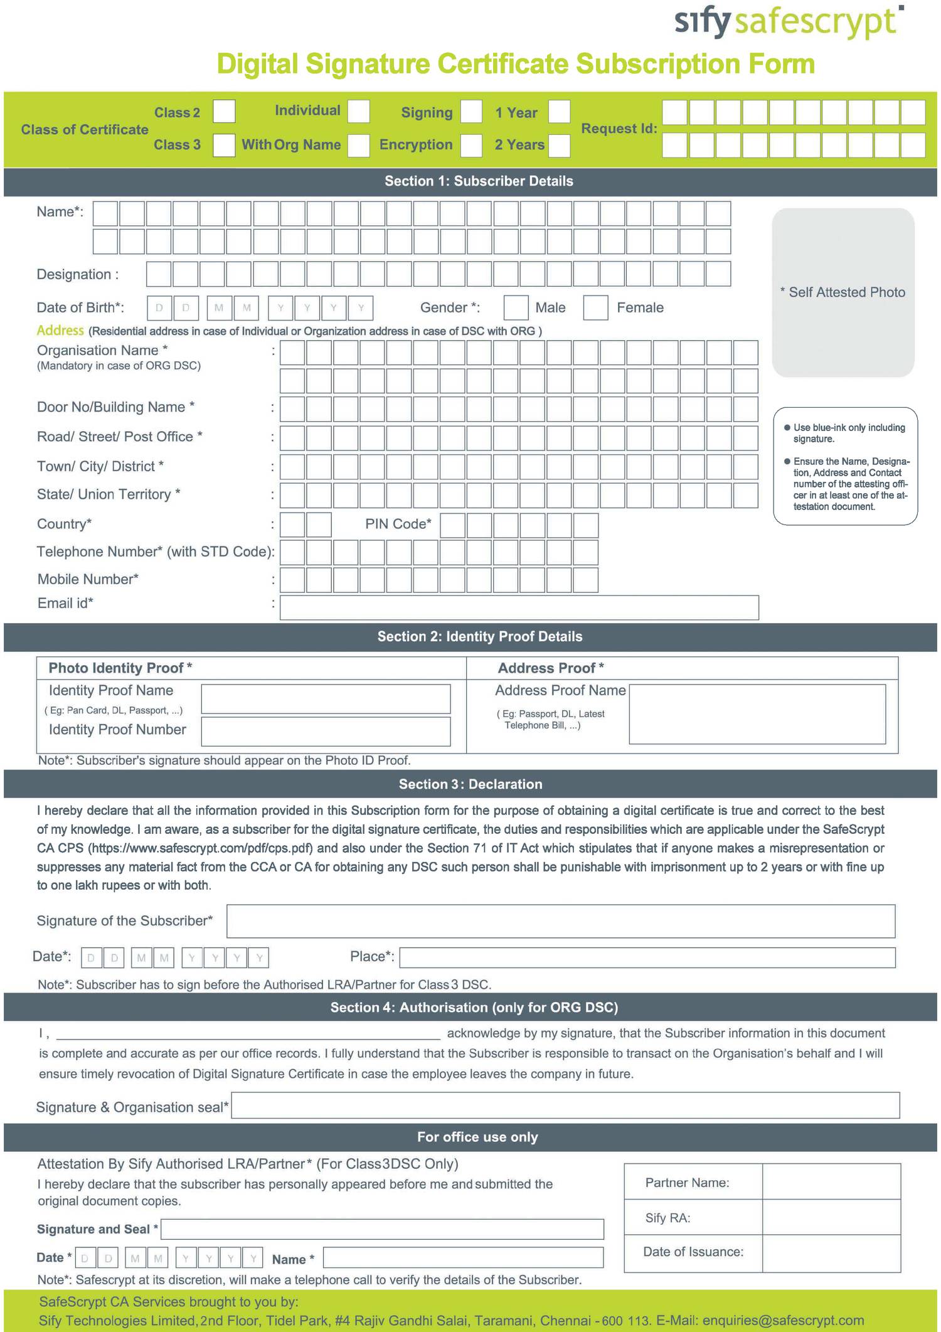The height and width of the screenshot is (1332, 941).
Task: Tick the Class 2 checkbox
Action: pyautogui.click(x=224, y=112)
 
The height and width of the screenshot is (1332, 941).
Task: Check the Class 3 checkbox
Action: pyautogui.click(x=224, y=145)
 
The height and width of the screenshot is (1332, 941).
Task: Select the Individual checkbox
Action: pyautogui.click(x=359, y=112)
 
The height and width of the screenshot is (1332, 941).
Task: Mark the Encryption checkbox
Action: pyautogui.click(x=471, y=145)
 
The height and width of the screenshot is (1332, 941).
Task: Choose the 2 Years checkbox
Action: pyautogui.click(x=559, y=145)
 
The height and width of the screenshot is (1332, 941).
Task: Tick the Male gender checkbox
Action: pyautogui.click(x=516, y=307)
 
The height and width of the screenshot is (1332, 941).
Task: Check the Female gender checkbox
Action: pyautogui.click(x=595, y=307)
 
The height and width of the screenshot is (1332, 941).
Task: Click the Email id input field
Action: pyautogui.click(x=519, y=607)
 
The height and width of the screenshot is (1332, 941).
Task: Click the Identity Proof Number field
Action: pyautogui.click(x=326, y=732)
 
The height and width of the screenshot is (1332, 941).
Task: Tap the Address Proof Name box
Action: pyautogui.click(x=757, y=714)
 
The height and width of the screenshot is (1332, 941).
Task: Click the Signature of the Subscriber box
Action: pyautogui.click(x=560, y=921)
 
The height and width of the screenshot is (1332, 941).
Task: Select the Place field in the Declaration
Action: pyautogui.click(x=647, y=957)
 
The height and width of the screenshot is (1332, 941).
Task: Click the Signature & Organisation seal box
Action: pyautogui.click(x=565, y=1106)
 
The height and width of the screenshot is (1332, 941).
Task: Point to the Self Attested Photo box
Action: pyautogui.click(x=843, y=292)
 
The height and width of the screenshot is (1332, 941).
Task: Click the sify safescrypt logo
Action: pyautogui.click(x=789, y=22)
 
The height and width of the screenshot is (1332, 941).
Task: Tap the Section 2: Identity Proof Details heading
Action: pyautogui.click(x=480, y=636)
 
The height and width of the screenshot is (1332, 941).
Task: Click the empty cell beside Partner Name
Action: pyautogui.click(x=831, y=1182)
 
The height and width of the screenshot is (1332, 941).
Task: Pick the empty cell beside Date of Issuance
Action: pyautogui.click(x=831, y=1252)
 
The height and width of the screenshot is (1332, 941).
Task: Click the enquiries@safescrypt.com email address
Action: pyautogui.click(x=783, y=1320)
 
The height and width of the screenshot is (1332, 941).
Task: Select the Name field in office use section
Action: pyautogui.click(x=463, y=1257)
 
